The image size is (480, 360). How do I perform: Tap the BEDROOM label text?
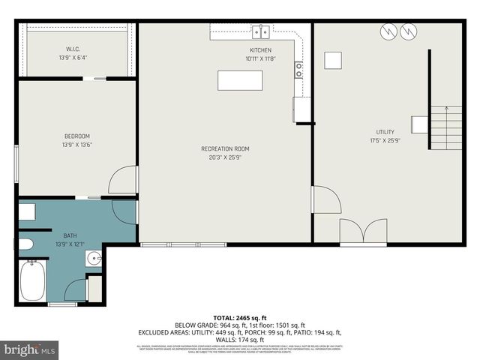coord(77,136)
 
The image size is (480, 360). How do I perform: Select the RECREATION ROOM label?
coord(225,148)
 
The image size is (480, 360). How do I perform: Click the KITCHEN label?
coord(260,50)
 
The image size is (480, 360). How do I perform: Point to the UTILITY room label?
coord(384,132)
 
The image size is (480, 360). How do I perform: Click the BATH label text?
coord(70,235)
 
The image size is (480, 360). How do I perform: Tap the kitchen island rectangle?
coord(240,79)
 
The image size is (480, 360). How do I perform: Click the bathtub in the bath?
coord(32,281)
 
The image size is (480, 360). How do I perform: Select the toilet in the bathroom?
coord(25,244)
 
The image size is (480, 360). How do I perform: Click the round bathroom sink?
coord(94,259)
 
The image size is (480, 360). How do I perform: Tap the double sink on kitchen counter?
coord(260,31)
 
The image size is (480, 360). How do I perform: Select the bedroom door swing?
coord(124,180)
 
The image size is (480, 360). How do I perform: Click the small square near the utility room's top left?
coord(333,60)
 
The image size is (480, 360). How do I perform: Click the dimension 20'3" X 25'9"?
coord(225,157)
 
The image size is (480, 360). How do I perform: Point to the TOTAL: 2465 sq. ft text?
coord(240,318)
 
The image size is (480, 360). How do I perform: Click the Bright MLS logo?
coord(30,349)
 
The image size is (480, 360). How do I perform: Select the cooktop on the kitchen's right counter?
coord(299,70)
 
